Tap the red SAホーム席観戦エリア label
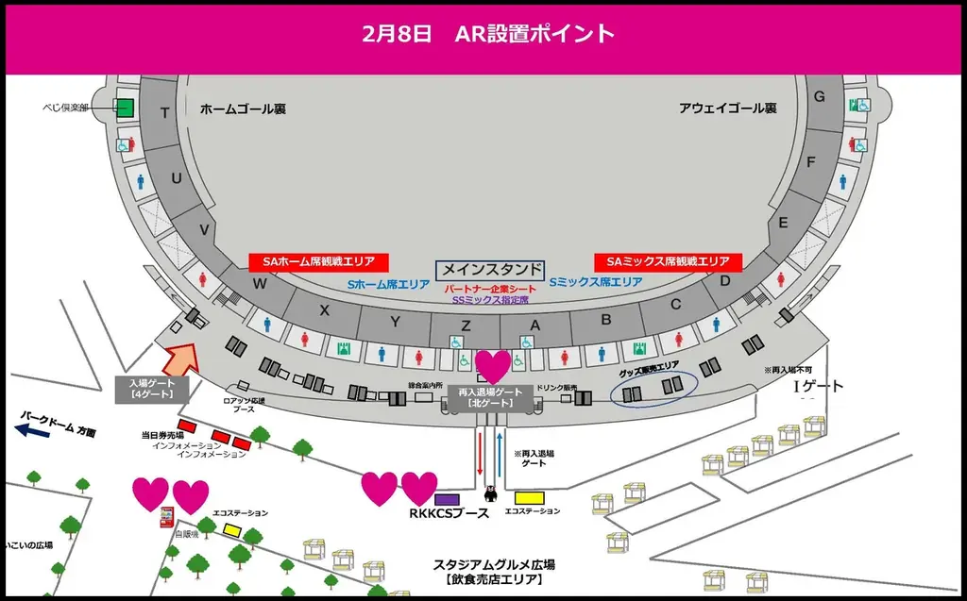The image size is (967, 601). (x=319, y=261)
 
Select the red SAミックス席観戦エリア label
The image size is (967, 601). (x=668, y=261)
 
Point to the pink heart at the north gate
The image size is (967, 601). (x=492, y=366)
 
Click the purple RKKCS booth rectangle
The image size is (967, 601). (x=447, y=498)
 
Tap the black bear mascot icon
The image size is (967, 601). (x=489, y=492)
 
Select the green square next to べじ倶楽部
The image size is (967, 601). (x=126, y=108)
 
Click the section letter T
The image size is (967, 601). (x=165, y=113)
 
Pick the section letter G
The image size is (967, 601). (x=820, y=96)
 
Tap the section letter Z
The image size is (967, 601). (x=467, y=325)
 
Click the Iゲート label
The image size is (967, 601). (x=817, y=387)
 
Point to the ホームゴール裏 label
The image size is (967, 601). (x=243, y=109)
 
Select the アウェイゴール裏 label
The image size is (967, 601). (x=727, y=109)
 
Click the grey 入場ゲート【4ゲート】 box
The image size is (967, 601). (x=152, y=389)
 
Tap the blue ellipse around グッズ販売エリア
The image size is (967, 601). (x=653, y=386)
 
